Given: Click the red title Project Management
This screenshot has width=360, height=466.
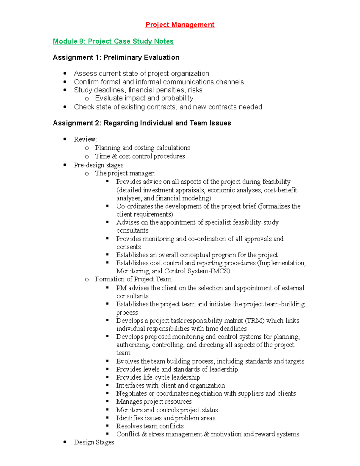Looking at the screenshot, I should click(x=180, y=25).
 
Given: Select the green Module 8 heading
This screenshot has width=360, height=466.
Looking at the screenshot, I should click(x=113, y=41).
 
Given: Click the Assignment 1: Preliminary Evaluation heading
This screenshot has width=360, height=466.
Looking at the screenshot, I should click(x=116, y=57).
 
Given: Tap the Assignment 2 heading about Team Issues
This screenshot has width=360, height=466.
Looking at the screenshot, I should click(x=142, y=123).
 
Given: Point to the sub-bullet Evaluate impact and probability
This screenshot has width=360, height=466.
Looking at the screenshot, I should click(x=144, y=98).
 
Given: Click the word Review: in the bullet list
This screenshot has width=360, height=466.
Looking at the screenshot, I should click(x=85, y=139).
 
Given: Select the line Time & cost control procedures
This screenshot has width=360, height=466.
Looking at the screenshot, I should click(x=140, y=156).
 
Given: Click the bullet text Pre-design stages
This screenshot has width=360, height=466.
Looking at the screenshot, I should click(x=99, y=165).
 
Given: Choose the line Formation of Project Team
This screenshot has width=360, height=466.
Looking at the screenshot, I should click(x=133, y=279).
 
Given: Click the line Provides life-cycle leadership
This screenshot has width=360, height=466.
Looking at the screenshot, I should click(x=158, y=377).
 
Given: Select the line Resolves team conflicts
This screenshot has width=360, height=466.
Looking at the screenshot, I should click(x=150, y=426).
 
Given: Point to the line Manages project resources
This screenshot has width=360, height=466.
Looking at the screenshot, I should click(x=154, y=401).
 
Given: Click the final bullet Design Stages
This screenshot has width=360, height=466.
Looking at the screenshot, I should click(x=94, y=442).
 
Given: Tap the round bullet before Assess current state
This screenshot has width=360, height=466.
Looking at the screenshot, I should click(x=65, y=74).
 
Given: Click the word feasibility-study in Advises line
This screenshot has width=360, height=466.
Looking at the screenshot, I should click(x=256, y=222).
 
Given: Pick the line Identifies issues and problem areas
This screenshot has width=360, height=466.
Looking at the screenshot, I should click(x=166, y=418).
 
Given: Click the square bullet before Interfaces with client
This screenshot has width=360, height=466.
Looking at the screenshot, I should click(x=107, y=385).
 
